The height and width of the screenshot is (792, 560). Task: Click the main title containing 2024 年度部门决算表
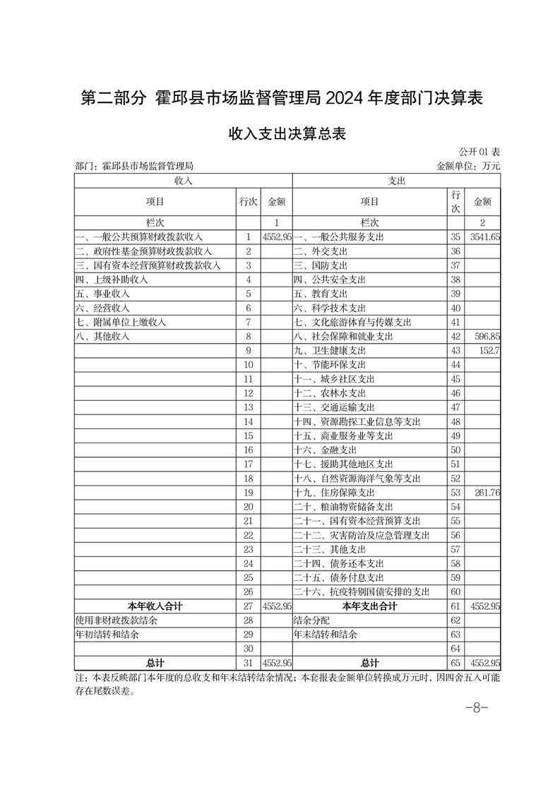pos(281,98)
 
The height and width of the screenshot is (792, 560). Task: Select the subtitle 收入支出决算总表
pos(280,134)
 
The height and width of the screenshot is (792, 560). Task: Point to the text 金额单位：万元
pos(469,167)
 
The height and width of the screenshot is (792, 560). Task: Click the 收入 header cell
pos(184,181)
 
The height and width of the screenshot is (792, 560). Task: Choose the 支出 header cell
pos(396,181)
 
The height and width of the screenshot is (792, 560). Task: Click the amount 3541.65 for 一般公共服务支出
pos(485,237)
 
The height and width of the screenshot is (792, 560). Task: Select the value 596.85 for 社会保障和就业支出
pos(487,337)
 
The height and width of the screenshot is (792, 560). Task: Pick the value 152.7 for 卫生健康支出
pos(489,351)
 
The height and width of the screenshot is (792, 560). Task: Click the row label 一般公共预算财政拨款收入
pos(140,237)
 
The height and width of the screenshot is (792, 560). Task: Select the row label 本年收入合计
pos(155,606)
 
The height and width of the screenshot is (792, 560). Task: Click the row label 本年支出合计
pos(369,606)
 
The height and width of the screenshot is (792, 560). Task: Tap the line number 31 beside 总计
pos(248,663)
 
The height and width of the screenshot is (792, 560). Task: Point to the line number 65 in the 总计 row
pos(455,663)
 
